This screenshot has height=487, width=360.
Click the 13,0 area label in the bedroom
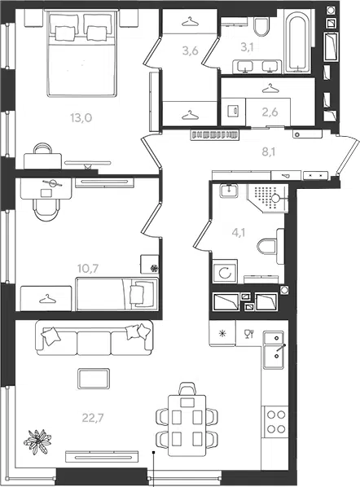(x=81, y=118)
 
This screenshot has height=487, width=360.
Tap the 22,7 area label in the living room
(x=93, y=418)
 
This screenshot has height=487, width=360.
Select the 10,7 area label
(x=88, y=269)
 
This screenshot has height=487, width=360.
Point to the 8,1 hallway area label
(x=268, y=151)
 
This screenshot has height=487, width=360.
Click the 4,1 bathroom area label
(x=239, y=232)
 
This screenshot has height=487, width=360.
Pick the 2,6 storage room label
(x=270, y=112)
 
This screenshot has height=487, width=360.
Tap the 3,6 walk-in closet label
(x=190, y=50)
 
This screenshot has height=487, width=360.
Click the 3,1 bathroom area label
(x=248, y=47)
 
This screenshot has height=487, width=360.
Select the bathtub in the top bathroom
(x=297, y=42)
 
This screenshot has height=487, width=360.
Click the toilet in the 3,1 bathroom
(x=261, y=26)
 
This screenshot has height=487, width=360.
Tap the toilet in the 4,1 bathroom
(x=271, y=246)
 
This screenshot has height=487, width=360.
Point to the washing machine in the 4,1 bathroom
(x=225, y=272)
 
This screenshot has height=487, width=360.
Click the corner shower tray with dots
(x=268, y=198)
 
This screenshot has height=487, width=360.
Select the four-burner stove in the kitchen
(x=276, y=422)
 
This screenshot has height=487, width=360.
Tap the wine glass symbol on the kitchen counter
(x=249, y=334)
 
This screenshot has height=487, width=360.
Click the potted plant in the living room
(x=37, y=441)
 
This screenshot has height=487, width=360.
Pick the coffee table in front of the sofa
(x=94, y=379)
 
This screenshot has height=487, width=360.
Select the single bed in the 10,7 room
(x=117, y=294)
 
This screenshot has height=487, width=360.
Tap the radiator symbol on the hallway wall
(x=215, y=134)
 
